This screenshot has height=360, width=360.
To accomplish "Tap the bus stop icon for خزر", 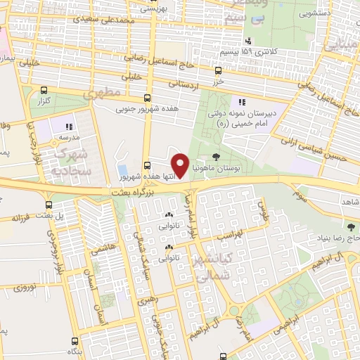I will (x=219, y=71).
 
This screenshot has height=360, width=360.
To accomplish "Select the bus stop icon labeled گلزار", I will (x=44, y=91).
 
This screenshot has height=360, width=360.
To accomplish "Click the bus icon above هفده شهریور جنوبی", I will (x=147, y=98).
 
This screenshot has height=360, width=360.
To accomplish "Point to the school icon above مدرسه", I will (x=70, y=126).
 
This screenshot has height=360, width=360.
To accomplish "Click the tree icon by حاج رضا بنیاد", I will (x=351, y=226).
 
